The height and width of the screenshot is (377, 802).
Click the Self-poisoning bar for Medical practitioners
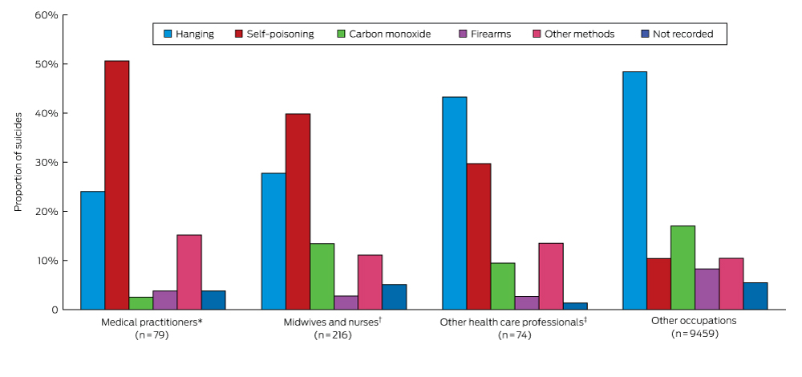tap(116, 185)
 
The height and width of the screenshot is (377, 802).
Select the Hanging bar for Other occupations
tap(634, 191)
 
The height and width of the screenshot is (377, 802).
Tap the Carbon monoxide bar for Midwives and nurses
tap(322, 277)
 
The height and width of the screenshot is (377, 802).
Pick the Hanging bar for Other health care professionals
tap(454, 203)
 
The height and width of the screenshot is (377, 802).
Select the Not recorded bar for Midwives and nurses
tap(394, 297)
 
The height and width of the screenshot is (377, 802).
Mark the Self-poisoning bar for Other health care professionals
tap(478, 237)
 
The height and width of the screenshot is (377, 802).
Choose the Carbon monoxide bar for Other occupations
tap(683, 268)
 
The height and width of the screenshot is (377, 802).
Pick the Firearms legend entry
tap(484, 34)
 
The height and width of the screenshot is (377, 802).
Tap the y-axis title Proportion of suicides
tap(18, 162)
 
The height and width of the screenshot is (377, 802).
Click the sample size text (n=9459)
tap(695, 333)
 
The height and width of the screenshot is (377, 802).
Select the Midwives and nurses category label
tap(333, 322)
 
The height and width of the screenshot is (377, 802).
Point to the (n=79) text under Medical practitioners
tap(152, 334)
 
